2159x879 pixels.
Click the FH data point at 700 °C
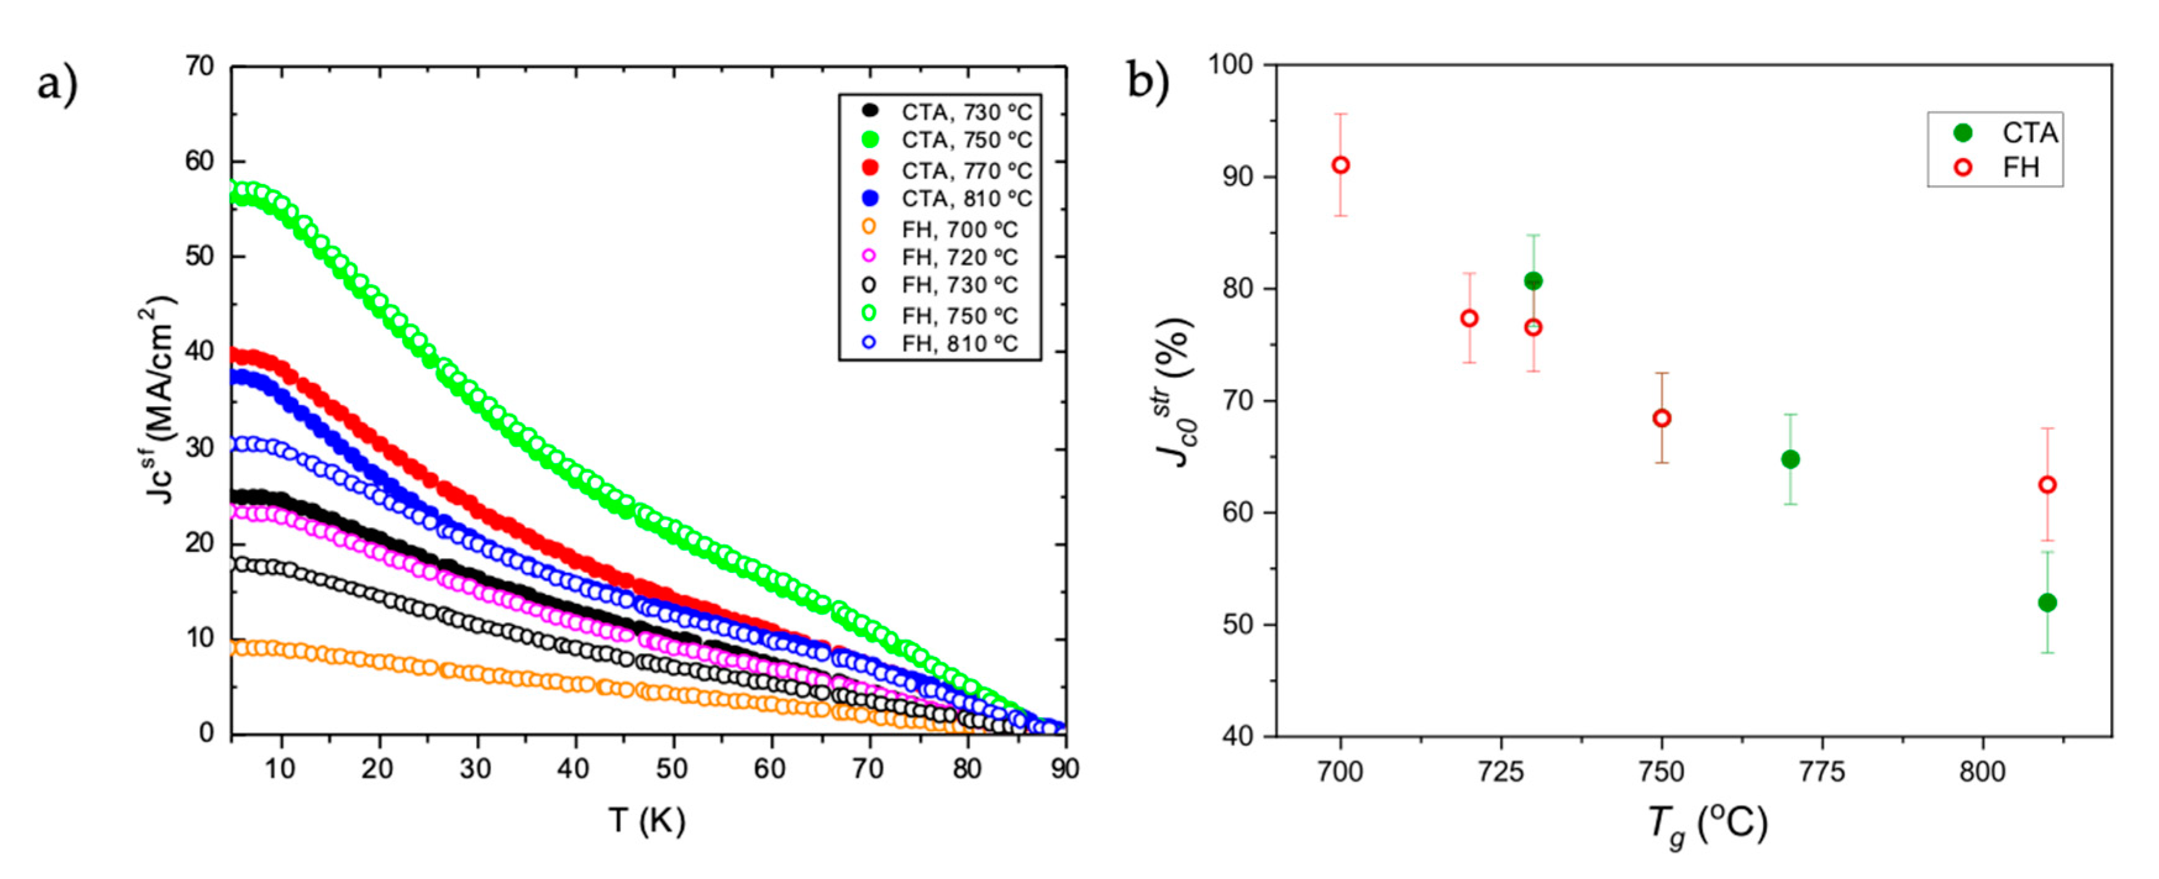[x=1341, y=165]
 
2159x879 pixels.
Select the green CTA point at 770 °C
[x=1790, y=459]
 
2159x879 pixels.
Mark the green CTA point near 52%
[x=2047, y=602]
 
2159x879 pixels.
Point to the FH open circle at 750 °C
[x=1662, y=418]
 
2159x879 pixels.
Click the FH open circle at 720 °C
[x=1469, y=319]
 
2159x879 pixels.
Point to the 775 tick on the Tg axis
[x=1822, y=772]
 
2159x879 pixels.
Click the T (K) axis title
[x=646, y=821]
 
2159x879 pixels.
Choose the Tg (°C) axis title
[x=1707, y=825]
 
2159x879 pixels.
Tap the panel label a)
[x=57, y=85]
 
